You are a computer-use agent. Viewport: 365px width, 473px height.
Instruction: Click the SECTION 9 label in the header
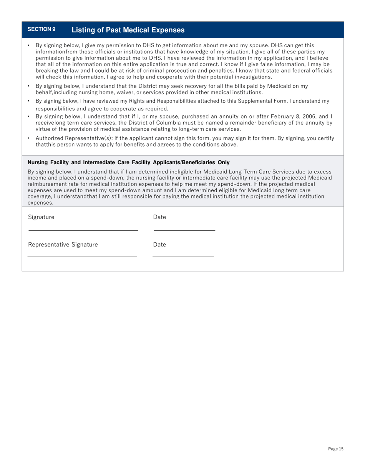pos(41,29)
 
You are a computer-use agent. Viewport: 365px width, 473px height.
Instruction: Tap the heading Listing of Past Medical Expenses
pos(128,30)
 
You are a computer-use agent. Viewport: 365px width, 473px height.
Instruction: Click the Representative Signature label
pos(63,245)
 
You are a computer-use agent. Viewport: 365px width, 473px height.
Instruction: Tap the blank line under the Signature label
pos(83,230)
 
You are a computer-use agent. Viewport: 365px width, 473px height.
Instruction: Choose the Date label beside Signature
pos(159,217)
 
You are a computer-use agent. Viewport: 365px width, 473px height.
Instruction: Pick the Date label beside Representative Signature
pos(159,245)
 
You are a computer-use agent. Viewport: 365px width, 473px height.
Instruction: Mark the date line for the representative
pos(183,256)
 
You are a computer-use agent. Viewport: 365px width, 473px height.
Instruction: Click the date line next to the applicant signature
pos(184,230)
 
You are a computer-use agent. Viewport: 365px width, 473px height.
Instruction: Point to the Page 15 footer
pos(335,449)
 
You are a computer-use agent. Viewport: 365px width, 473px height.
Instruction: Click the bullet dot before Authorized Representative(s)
pos(29,138)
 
